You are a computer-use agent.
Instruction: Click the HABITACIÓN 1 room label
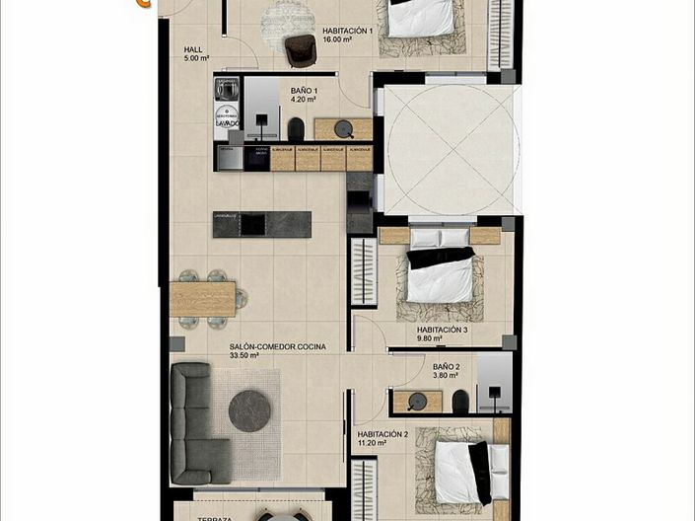347,31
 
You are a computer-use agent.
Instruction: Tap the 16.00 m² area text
339,40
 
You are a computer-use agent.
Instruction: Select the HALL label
193,48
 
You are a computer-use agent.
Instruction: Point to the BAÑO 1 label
303,90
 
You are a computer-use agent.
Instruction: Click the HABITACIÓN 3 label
442,330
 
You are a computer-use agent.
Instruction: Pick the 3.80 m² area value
447,375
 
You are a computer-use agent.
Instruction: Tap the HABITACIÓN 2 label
382,434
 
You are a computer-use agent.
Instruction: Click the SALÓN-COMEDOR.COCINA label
277,346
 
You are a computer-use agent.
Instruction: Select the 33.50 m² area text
243,356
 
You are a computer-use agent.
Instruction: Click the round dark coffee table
250,410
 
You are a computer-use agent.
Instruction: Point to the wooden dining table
202,299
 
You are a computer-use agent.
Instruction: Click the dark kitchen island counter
262,224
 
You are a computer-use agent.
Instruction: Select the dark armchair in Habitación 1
300,49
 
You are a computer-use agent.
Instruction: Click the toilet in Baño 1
296,129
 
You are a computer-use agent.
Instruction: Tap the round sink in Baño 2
417,401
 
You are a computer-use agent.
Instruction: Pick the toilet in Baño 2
460,401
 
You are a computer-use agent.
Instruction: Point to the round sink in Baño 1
343,128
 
